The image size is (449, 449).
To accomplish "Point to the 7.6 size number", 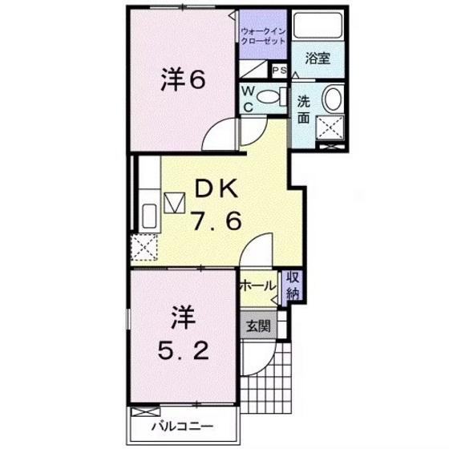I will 216,221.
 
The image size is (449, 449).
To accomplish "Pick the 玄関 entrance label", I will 257,326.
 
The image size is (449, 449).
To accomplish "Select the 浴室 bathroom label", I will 318,58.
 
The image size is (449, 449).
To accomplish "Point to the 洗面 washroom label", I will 305,109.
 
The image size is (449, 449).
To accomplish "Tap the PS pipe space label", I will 279,71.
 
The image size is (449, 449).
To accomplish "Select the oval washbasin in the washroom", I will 331,102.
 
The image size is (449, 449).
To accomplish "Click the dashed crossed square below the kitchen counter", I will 147,248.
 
